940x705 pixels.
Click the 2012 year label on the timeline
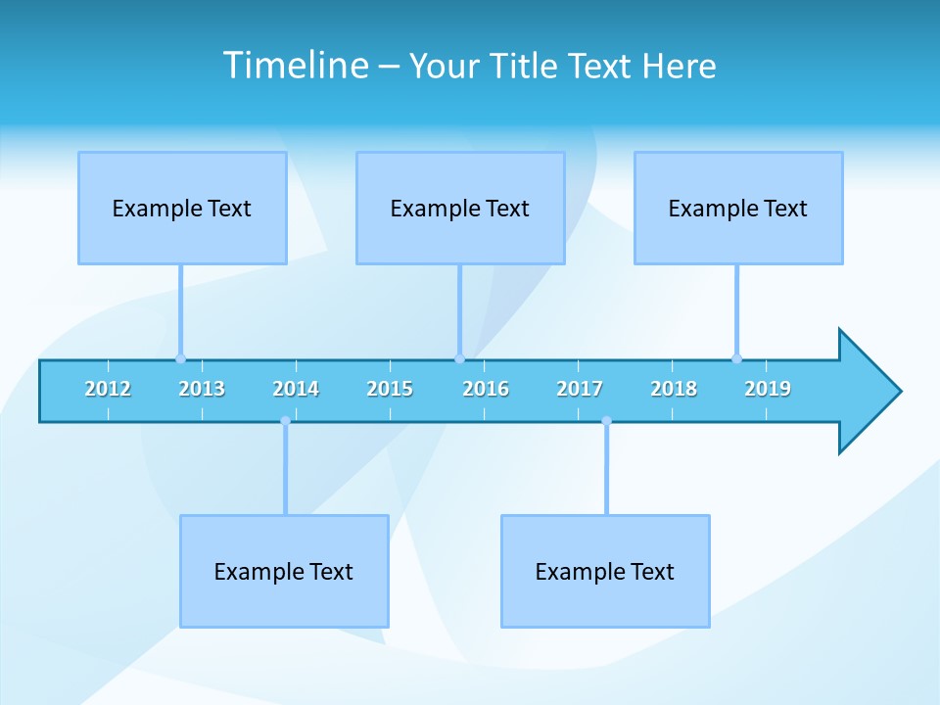coord(108,389)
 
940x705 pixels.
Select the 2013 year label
coord(202,389)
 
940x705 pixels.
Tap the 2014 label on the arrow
coord(296,389)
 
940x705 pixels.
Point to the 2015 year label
coord(390,389)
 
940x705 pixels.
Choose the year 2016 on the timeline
coord(486,389)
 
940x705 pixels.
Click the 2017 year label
coord(580,389)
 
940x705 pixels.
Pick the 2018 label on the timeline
coord(674,389)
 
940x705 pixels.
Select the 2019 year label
coord(768,389)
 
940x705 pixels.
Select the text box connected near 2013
coord(182,208)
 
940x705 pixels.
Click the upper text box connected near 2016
coord(460,208)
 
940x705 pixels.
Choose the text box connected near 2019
coord(738,208)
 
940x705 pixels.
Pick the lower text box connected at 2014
coord(284,571)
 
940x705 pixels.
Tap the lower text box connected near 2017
coord(605,571)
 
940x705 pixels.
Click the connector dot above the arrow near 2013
coord(180,358)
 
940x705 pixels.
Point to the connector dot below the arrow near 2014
coord(285,421)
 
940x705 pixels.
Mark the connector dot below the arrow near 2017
coord(606,421)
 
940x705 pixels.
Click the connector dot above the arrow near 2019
coord(736,358)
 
